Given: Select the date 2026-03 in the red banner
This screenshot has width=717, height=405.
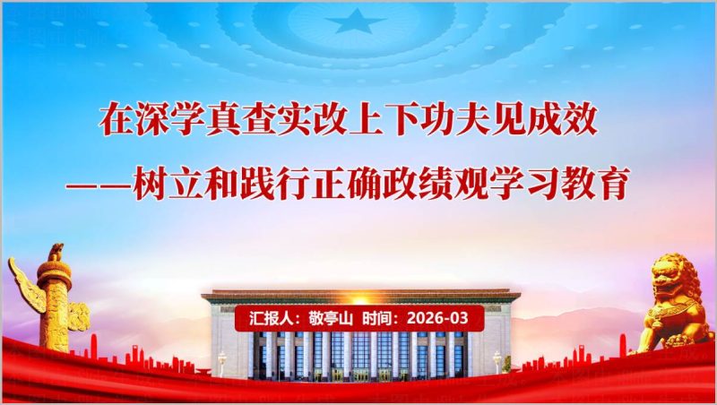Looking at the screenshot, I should click(x=437, y=318).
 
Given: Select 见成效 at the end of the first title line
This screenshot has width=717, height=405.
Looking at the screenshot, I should click(x=559, y=120).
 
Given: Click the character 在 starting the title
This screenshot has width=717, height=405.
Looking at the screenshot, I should click(x=116, y=120).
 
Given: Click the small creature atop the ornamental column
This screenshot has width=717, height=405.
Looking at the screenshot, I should click(x=55, y=252).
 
